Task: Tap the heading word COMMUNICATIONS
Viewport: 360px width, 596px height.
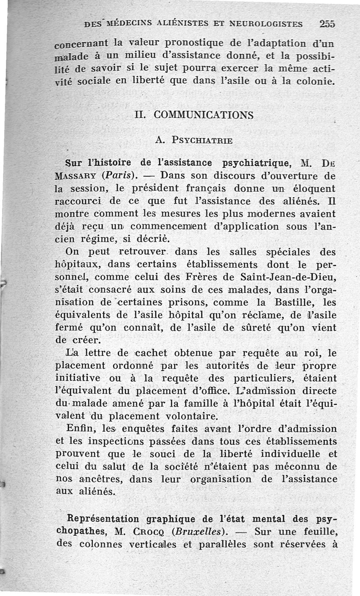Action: pos(204,115)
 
